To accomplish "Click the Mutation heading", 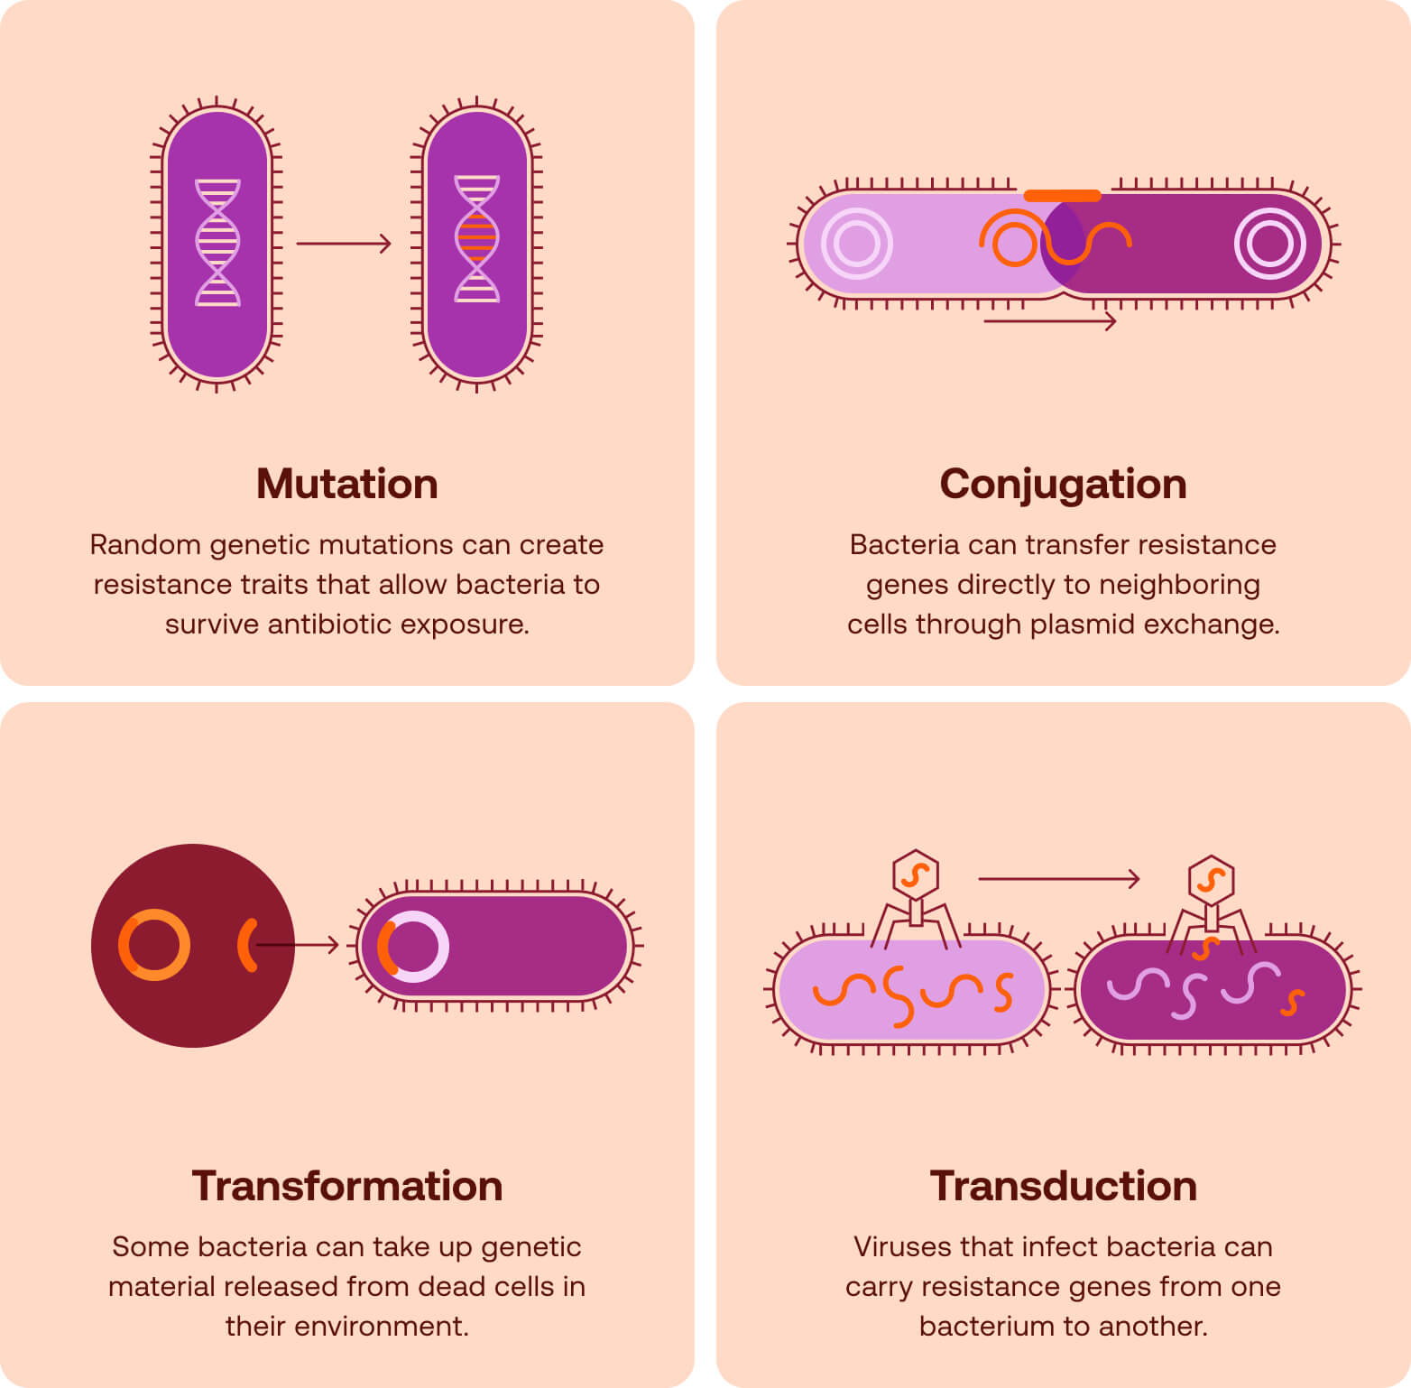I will [346, 484].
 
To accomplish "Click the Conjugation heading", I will [1063, 484].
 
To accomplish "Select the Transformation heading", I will [346, 1186].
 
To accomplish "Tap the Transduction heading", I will [1063, 1186].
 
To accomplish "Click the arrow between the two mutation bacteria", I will [344, 244].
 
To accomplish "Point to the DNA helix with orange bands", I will [476, 239].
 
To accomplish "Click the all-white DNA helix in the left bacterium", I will [217, 243].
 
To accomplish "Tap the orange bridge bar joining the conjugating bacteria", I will [1062, 196].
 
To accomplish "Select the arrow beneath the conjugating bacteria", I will [1049, 321].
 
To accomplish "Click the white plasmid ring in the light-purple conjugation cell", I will [857, 244].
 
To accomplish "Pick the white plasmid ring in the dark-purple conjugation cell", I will [1269, 244].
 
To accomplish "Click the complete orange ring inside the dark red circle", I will [154, 945].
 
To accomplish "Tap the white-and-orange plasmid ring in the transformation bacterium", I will [413, 947].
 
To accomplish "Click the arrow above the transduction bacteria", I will [1058, 878].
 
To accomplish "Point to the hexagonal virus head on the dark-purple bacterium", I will [1211, 879].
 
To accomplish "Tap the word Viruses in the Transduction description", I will [903, 1247].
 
